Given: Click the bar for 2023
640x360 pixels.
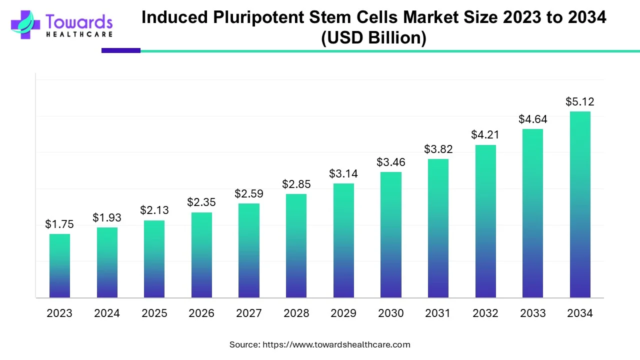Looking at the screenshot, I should coord(59,266).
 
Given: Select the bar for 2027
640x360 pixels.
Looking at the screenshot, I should coord(248,250).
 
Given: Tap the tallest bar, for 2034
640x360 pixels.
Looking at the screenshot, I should coord(580,204).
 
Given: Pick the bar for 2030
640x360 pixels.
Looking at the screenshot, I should coord(390,235).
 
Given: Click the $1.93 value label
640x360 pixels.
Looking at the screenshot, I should coord(107,218).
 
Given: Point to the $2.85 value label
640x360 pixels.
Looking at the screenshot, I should coord(296,184).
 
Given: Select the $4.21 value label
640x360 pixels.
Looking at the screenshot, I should coord(485,135).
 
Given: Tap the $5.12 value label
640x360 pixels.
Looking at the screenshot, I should coord(580,102).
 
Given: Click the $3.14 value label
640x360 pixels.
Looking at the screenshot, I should coord(343,174).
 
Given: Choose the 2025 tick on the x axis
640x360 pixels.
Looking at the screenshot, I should coord(154,313).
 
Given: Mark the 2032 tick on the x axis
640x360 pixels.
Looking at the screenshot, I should coord(485,313).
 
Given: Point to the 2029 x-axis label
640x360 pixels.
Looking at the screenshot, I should coord(343,313).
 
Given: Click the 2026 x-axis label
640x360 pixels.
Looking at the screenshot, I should coord(201,313).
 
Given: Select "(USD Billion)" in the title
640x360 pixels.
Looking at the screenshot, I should coord(373,38).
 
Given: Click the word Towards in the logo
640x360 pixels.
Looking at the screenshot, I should coord(79,21).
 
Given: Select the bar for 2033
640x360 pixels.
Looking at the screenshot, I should coord(532,213).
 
